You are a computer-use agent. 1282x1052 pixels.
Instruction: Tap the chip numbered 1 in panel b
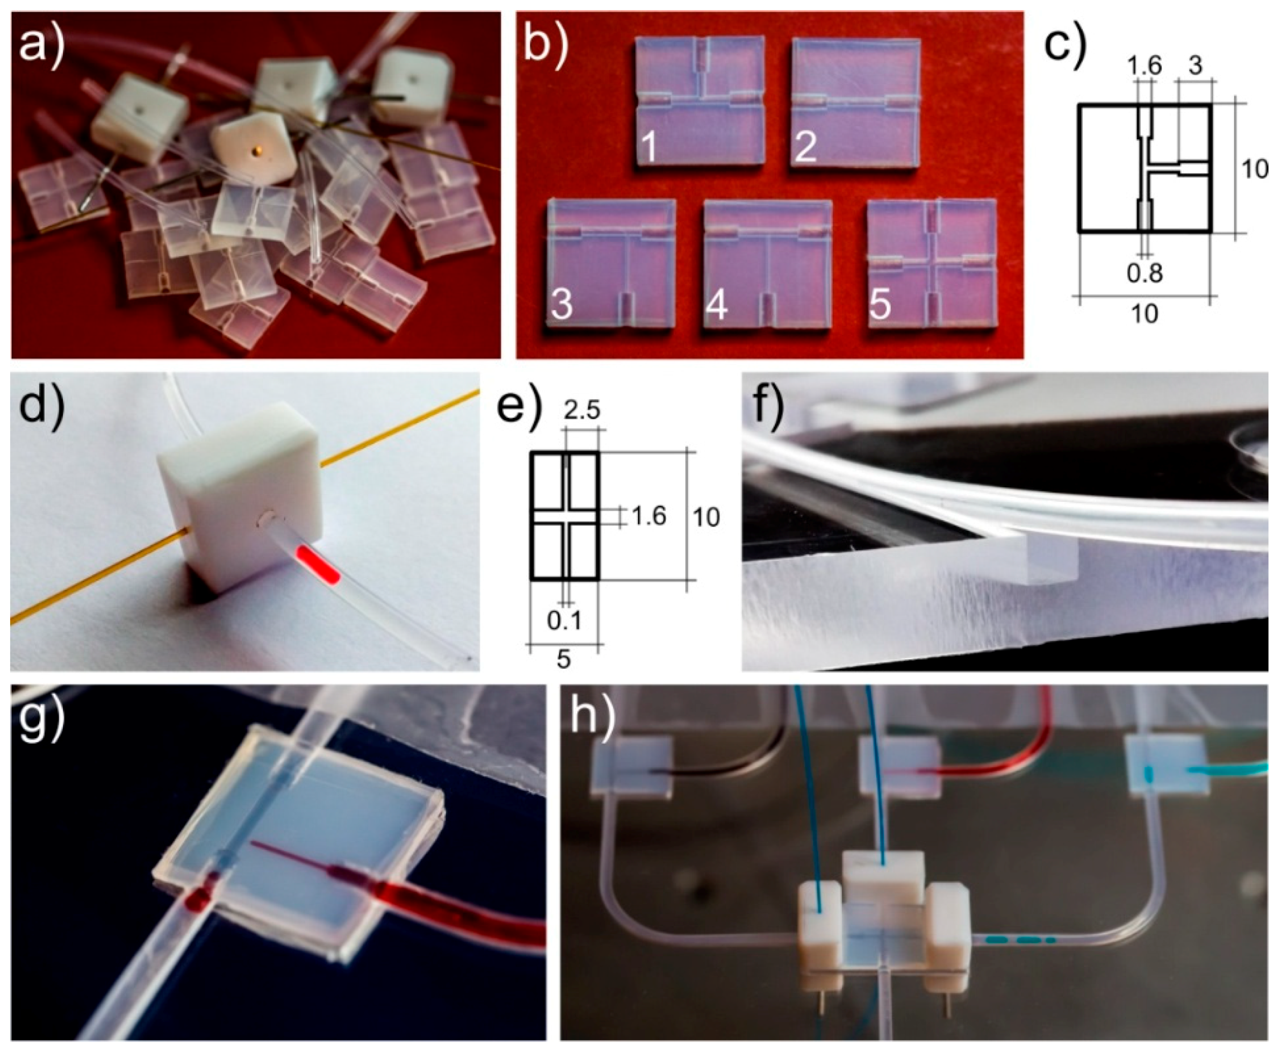click(x=700, y=101)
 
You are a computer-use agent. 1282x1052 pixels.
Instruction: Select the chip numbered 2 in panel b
click(x=855, y=101)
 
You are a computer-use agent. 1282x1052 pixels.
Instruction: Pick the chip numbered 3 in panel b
click(x=611, y=264)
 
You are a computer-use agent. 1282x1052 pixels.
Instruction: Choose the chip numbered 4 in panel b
click(x=768, y=264)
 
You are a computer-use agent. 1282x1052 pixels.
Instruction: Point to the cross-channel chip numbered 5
click(x=932, y=264)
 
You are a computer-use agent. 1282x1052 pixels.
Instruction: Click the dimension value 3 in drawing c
click(x=1195, y=66)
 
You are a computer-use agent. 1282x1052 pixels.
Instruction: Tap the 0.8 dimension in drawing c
click(x=1144, y=273)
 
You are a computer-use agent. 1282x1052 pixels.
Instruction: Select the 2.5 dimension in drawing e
click(x=581, y=410)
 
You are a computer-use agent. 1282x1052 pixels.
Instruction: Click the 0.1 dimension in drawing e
click(x=564, y=620)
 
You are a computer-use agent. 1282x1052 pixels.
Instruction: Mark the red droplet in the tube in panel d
click(x=318, y=564)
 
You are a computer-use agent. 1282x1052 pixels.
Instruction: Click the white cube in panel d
click(x=239, y=503)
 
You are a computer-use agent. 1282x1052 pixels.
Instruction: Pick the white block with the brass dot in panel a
click(x=255, y=148)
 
